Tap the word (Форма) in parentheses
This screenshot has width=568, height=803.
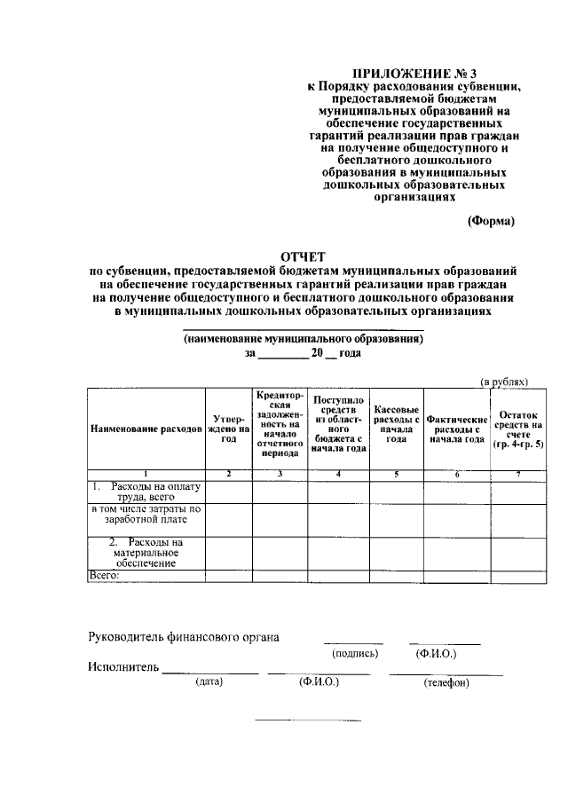[x=491, y=221]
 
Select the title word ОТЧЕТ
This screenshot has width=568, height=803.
[x=303, y=257]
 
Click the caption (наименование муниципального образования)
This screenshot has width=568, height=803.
[x=303, y=339]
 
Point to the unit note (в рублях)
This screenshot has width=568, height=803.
[x=504, y=381]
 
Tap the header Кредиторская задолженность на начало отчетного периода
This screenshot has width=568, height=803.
[x=280, y=422]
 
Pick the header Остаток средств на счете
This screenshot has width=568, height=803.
[x=518, y=428]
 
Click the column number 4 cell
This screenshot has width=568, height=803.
[x=338, y=474]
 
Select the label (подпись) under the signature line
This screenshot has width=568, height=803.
[x=355, y=654]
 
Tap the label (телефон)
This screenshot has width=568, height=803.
[x=446, y=683]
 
